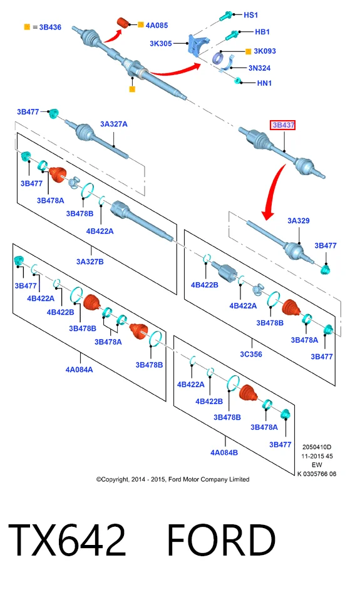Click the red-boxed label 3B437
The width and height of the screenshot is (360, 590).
282,125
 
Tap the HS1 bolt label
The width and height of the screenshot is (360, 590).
251,15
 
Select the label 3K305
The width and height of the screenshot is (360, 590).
161,43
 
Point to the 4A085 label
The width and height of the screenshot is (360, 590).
157,25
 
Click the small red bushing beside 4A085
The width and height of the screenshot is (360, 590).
123,22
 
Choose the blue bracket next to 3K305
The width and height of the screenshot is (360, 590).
198,45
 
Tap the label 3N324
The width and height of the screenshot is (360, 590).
259,68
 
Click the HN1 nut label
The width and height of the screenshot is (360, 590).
264,83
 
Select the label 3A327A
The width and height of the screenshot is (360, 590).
114,124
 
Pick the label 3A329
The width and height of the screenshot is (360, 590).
299,220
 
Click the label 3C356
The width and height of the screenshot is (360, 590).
251,354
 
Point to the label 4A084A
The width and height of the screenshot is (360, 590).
79,370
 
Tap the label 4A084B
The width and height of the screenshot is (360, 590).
224,452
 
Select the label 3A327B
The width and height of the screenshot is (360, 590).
90,262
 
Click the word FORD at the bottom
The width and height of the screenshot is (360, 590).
222,540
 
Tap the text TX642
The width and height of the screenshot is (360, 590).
67,540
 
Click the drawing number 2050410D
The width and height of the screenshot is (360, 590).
317,447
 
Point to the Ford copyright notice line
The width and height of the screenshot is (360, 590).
173,479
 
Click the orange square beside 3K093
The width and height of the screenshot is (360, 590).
248,51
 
